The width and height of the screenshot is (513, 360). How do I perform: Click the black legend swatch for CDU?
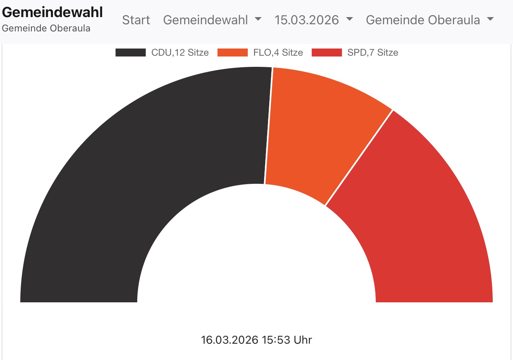(x=130, y=53)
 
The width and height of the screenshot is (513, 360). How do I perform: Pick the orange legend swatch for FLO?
(x=233, y=53)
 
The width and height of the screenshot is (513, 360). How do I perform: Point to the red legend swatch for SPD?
(x=326, y=53)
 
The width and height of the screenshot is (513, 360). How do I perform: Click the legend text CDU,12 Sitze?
(x=180, y=53)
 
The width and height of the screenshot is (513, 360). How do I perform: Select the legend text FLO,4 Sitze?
(x=278, y=53)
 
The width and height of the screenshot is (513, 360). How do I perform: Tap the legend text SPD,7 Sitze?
(x=373, y=53)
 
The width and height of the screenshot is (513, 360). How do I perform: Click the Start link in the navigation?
(x=136, y=20)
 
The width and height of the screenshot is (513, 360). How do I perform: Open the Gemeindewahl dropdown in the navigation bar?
(x=212, y=20)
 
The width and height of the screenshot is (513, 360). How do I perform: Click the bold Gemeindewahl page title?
(x=52, y=13)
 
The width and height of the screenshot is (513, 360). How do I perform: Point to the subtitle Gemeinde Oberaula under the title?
(x=46, y=29)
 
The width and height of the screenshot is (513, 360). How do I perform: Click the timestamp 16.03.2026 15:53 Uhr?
(x=256, y=340)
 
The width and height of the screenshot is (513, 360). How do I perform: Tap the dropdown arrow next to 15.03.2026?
(x=350, y=19)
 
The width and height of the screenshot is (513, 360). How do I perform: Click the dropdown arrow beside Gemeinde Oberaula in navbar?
(x=490, y=19)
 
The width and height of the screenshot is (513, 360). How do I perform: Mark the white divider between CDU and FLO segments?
(x=268, y=125)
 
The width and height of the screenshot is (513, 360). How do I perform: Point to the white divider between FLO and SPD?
(x=359, y=158)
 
